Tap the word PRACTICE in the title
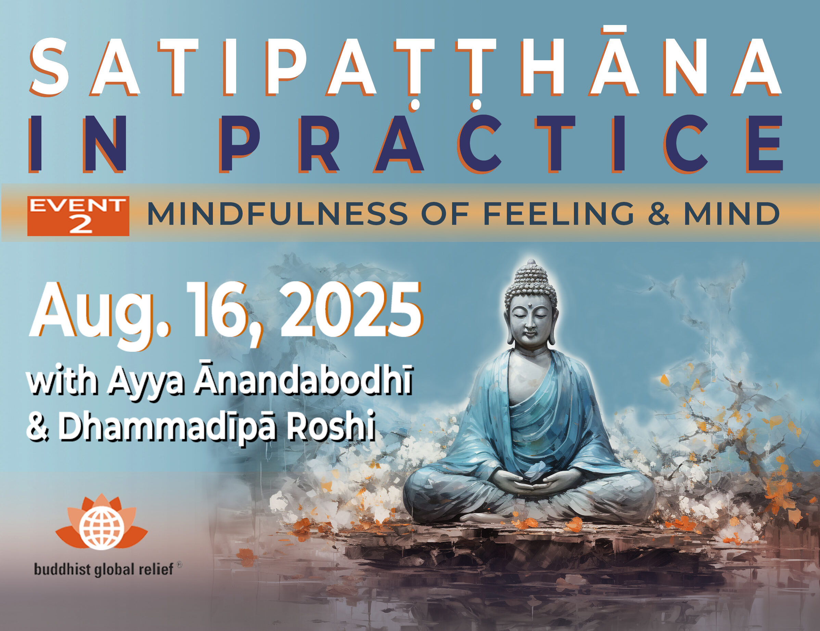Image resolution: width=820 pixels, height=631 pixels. point(502,144)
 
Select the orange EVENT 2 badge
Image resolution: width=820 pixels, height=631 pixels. point(78,216)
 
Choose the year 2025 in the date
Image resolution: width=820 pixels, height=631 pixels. point(351,310)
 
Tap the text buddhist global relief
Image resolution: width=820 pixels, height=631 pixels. point(104,569)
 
